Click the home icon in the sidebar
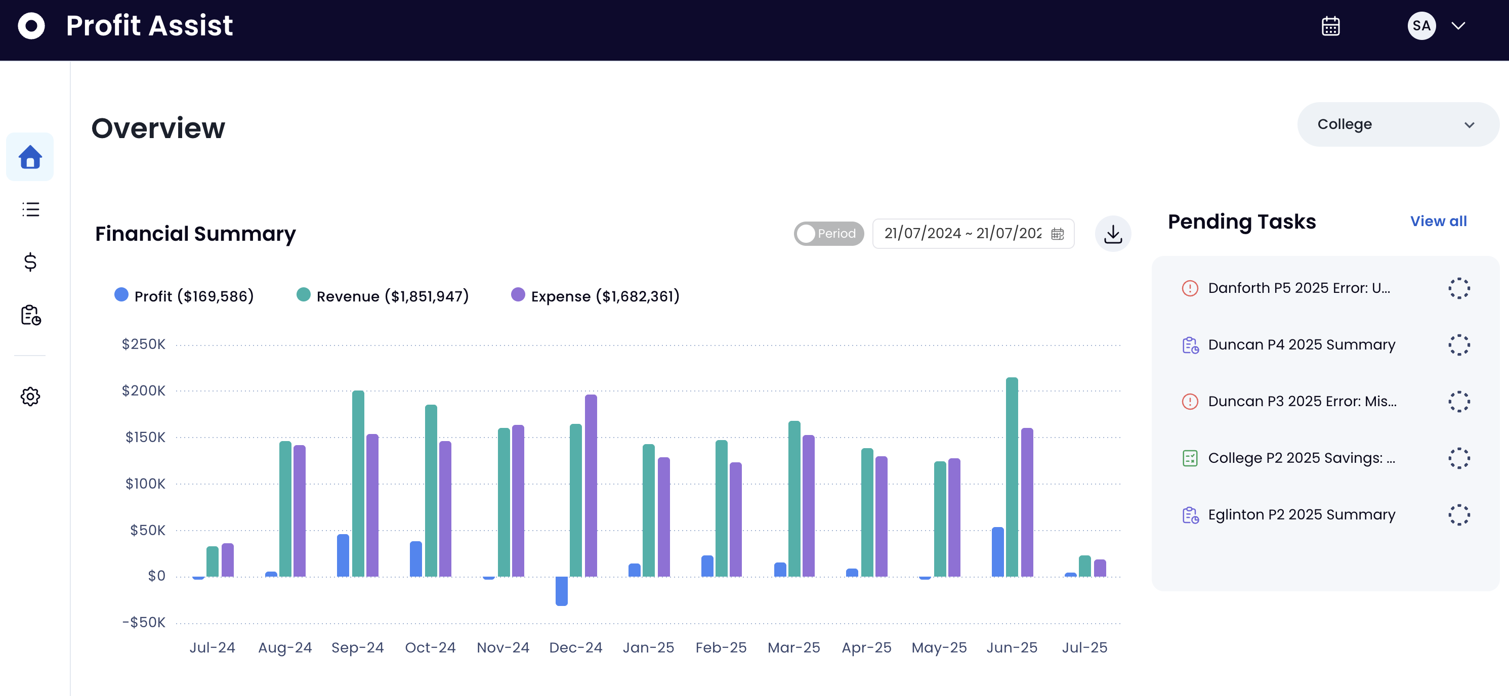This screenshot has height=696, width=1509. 30,157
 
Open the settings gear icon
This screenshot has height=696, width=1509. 30,396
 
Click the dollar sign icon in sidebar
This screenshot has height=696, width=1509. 30,262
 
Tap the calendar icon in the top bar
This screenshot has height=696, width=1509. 1330,26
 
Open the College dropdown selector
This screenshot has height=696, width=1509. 1398,124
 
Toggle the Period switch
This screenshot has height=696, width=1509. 828,234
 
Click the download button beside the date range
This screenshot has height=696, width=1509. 1112,234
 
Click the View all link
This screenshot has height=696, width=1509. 1438,221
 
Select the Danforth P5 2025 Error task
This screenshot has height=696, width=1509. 1298,288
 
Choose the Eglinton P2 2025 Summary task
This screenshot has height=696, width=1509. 1302,514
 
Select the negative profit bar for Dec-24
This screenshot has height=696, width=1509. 561,591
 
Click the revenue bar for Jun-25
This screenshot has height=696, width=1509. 1012,477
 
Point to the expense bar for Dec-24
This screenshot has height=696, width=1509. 591,486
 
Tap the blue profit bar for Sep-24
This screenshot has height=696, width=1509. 343,555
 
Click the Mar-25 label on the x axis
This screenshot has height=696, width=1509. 794,647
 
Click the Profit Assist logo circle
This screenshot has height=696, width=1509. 31,26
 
